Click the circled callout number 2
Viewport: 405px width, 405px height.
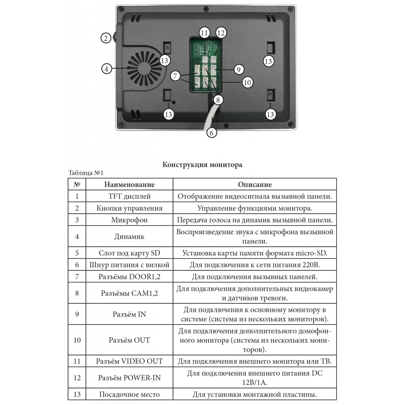coord(106,38)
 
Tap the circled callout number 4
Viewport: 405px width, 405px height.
coord(106,69)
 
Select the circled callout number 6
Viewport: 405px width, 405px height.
coord(211,132)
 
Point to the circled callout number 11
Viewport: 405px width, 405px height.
coord(204,33)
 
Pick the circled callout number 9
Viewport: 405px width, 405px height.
coord(238,70)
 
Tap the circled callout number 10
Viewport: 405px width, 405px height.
coord(247,82)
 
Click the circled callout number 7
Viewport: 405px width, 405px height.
coord(175,76)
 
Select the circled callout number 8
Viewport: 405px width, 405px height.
coord(218,100)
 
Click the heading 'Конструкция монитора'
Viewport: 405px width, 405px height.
coord(202,165)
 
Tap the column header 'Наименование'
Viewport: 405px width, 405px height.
coord(129,185)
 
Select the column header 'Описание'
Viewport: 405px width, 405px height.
coord(254,185)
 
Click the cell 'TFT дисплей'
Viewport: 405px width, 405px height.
coord(129,196)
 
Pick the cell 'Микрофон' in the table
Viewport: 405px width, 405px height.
coord(129,220)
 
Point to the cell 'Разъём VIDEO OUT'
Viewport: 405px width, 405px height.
coord(129,361)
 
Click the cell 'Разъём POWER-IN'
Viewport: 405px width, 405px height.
coord(129,378)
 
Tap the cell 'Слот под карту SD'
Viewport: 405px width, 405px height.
coord(129,253)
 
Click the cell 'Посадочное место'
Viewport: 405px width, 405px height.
coord(129,394)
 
